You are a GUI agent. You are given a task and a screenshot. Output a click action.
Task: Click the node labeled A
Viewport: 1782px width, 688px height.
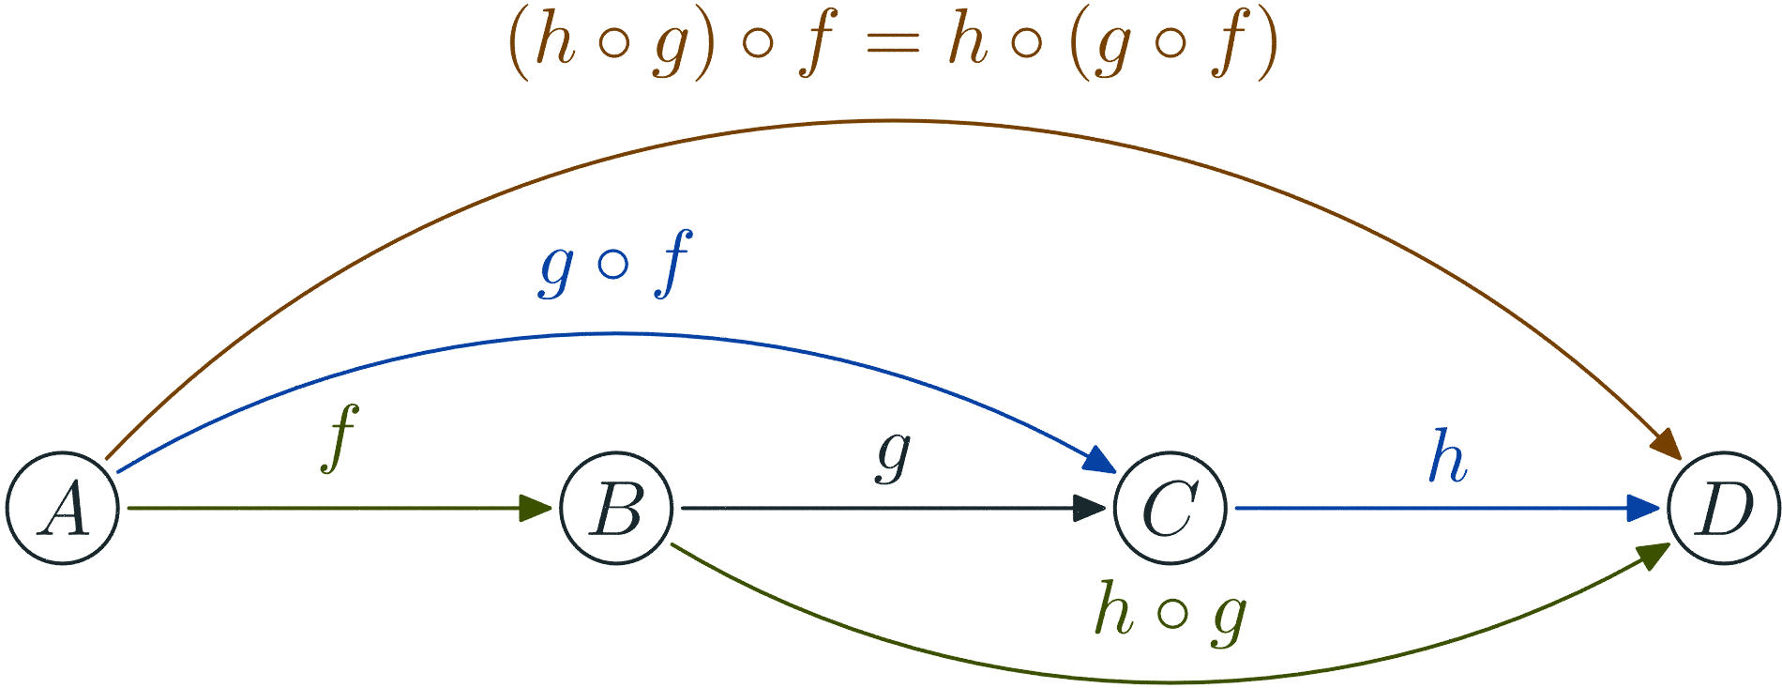[x=63, y=509]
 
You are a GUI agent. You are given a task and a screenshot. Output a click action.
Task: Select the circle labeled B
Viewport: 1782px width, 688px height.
[x=616, y=509]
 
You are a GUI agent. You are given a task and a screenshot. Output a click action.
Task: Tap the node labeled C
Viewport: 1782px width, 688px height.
[x=1170, y=509]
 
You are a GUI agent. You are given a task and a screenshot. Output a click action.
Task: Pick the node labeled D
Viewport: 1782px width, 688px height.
[x=1723, y=509]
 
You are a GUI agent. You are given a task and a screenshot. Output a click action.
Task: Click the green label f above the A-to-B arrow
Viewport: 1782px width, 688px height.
[x=340, y=439]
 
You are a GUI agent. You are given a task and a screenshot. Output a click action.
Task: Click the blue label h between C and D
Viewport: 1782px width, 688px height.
[x=1447, y=457]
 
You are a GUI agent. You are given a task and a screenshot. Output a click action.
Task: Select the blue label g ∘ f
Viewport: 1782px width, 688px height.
[x=615, y=265]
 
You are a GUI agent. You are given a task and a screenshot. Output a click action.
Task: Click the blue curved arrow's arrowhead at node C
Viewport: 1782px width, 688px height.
[x=1099, y=461]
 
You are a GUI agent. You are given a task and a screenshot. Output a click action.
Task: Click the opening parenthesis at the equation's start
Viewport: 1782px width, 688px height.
[x=518, y=45]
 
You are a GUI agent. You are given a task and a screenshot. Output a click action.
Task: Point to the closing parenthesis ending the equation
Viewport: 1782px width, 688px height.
[x=1269, y=45]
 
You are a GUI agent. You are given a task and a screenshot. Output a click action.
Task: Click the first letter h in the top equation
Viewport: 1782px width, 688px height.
[x=553, y=43]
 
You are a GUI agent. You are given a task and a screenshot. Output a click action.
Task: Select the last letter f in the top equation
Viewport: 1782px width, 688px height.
[x=1231, y=45]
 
